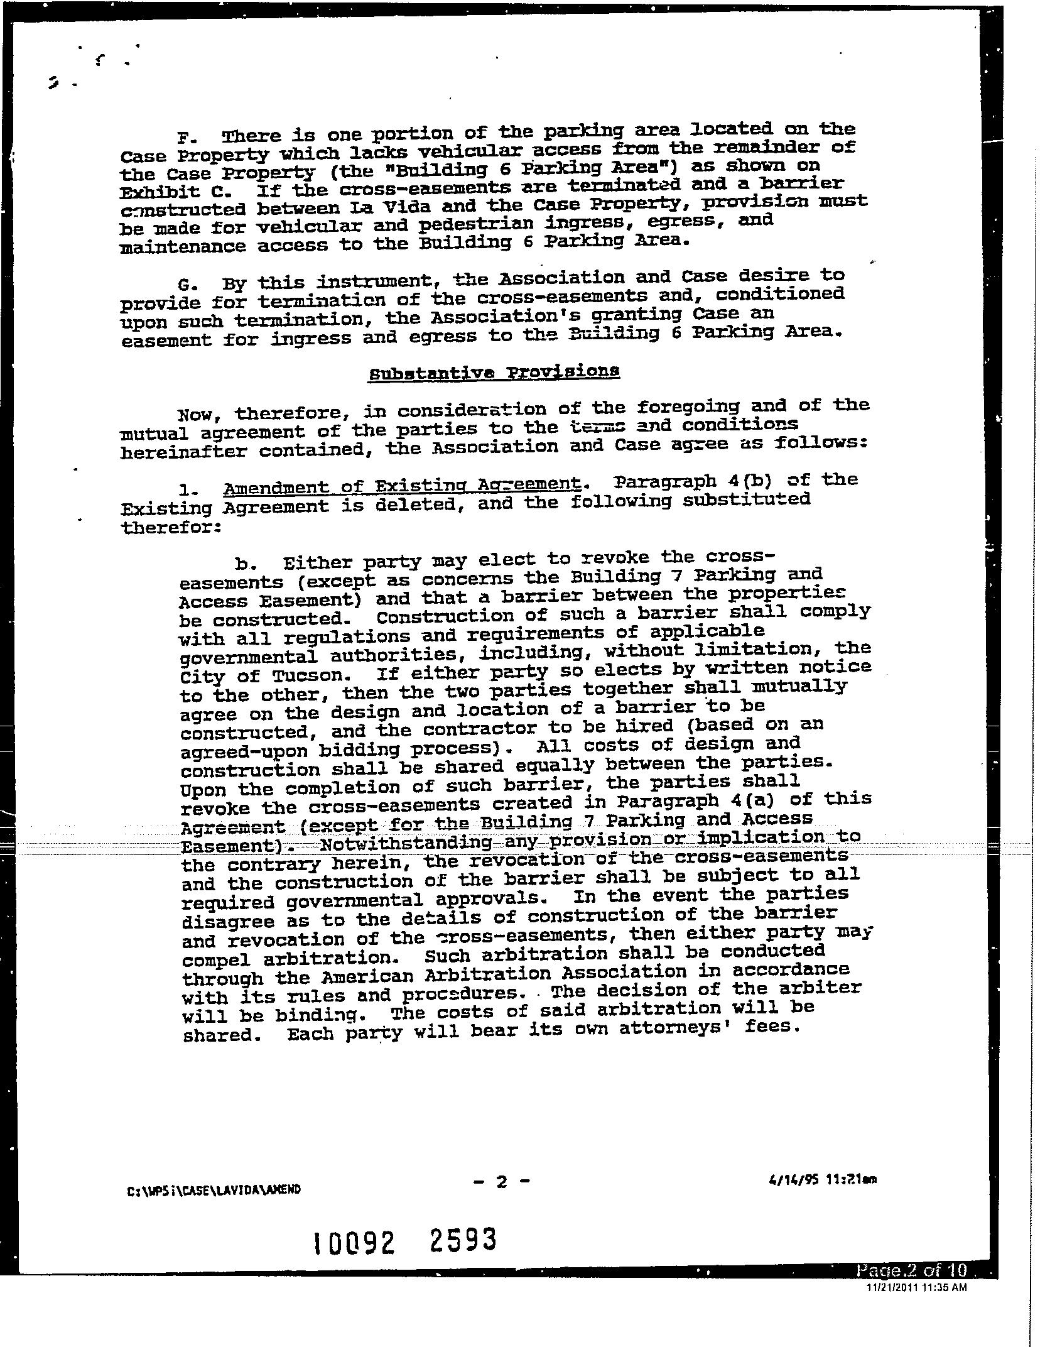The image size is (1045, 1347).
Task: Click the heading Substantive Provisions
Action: pos(494,373)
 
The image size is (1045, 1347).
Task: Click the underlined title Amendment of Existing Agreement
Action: pos(401,486)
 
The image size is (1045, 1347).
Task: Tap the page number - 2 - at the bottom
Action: pos(501,1182)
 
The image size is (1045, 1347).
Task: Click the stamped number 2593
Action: pos(464,1240)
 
